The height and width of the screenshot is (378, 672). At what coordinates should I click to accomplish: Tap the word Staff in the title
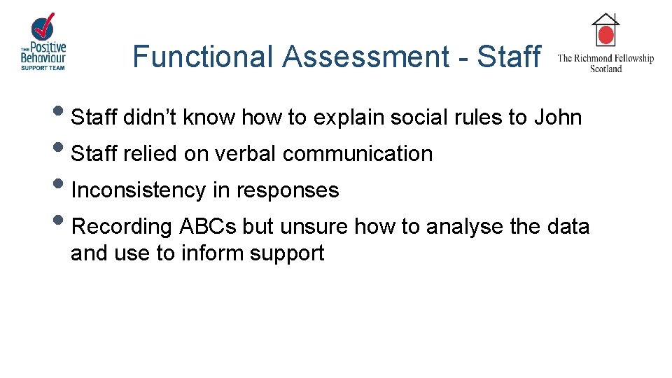coord(508,57)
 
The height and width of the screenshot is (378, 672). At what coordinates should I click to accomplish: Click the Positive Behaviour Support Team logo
coord(43,43)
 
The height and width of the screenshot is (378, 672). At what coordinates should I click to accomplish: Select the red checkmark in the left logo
coord(44,26)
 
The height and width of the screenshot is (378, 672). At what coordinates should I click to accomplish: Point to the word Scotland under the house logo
coord(605,69)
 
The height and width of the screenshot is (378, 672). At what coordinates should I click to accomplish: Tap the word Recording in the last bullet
coord(122,227)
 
